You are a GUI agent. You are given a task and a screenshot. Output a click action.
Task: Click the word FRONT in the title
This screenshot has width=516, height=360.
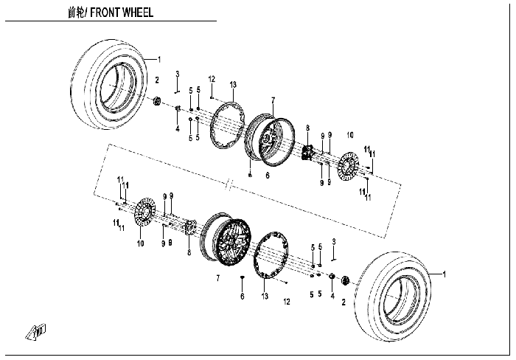click(x=105, y=13)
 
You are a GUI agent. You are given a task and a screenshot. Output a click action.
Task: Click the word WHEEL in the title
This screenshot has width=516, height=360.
click(x=138, y=13)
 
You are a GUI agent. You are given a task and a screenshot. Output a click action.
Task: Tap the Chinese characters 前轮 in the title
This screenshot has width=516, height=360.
click(x=76, y=13)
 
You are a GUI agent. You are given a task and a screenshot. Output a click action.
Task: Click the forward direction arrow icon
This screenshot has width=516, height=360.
click(x=35, y=331)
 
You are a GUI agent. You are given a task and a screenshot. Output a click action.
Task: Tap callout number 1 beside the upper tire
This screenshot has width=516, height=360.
click(x=159, y=60)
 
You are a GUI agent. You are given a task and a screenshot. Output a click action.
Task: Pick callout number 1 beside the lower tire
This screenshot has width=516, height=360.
click(x=444, y=274)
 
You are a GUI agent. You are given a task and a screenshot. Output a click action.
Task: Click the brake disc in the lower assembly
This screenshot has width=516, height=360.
click(x=145, y=212)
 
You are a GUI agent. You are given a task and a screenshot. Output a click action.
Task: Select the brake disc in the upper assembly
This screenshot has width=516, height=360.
click(x=348, y=166)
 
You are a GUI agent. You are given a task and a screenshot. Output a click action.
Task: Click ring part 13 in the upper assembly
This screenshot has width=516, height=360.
click(x=227, y=126)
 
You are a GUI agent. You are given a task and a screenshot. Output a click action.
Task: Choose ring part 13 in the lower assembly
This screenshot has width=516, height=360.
click(x=271, y=255)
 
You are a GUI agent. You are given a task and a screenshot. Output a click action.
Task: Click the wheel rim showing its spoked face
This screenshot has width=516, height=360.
click(x=234, y=237)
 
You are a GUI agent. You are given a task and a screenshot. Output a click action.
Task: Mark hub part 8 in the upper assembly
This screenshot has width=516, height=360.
click(x=307, y=153)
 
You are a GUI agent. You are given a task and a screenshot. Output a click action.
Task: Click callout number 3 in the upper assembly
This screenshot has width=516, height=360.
click(x=178, y=74)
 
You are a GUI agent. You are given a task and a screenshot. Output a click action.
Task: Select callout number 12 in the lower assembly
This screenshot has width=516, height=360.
click(x=287, y=302)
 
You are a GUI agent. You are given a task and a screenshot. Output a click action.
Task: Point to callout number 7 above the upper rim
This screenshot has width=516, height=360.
click(x=273, y=100)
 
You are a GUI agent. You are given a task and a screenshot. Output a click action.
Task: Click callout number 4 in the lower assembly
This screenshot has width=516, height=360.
click(x=332, y=296)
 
